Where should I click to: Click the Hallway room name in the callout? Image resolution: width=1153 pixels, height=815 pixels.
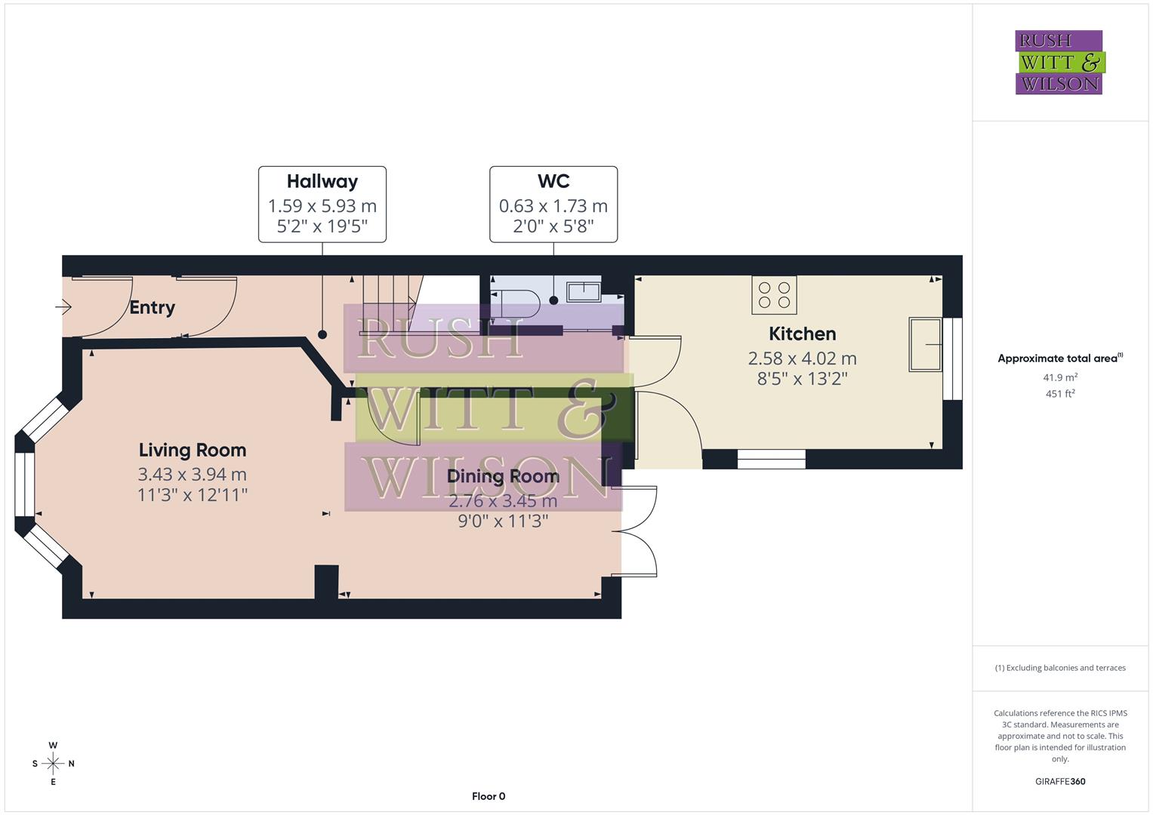point(322,181)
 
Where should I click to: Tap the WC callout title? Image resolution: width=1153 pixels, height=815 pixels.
point(553,181)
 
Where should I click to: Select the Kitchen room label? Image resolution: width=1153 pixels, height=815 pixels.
point(802,334)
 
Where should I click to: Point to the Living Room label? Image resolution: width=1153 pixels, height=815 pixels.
point(193,450)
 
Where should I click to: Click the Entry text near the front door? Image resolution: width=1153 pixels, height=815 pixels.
point(152,307)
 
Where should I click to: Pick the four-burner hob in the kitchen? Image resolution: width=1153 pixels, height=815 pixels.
point(774,295)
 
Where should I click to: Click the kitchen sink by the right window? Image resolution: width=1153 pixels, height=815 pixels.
point(925,345)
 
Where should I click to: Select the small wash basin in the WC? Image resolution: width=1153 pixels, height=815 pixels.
point(584,291)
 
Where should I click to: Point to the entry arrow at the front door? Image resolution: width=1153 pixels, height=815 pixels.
point(63,307)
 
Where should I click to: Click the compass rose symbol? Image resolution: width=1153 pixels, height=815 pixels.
point(53,764)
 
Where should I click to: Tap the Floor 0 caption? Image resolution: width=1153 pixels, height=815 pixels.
point(488,796)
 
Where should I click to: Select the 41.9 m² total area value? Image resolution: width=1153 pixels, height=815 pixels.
point(1060,377)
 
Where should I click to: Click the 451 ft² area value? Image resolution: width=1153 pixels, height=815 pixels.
point(1060,393)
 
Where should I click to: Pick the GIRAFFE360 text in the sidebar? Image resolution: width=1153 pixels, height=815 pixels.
point(1060,781)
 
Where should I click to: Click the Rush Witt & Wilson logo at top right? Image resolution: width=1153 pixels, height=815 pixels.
point(1059,62)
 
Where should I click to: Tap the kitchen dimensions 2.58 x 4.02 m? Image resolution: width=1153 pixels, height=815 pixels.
point(802,358)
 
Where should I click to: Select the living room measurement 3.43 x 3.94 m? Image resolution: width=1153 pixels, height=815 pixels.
point(193,474)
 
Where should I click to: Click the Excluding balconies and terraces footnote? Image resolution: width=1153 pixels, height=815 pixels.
point(1060,668)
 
